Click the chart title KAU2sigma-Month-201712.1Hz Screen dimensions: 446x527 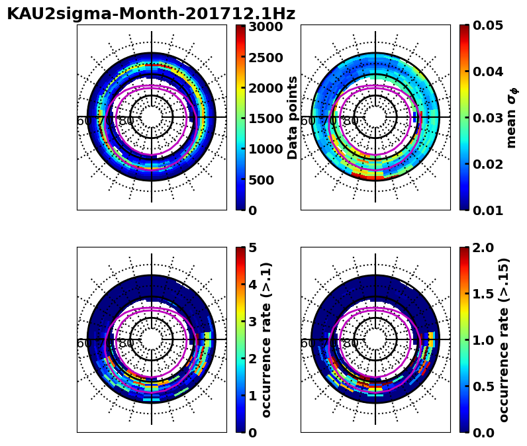151,14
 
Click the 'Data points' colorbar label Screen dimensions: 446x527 293,118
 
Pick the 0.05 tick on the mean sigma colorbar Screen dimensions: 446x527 485,25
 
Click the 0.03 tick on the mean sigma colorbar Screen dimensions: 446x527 485,118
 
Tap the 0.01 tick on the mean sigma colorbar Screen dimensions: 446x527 485,210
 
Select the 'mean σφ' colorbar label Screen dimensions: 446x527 511,118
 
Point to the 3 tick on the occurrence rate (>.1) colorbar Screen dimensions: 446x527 252,322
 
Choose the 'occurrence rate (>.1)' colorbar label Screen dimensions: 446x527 267,339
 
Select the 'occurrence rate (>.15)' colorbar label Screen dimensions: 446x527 504,339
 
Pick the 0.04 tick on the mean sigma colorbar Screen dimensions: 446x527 485,71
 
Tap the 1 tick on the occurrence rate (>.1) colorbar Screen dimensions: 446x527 252,396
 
